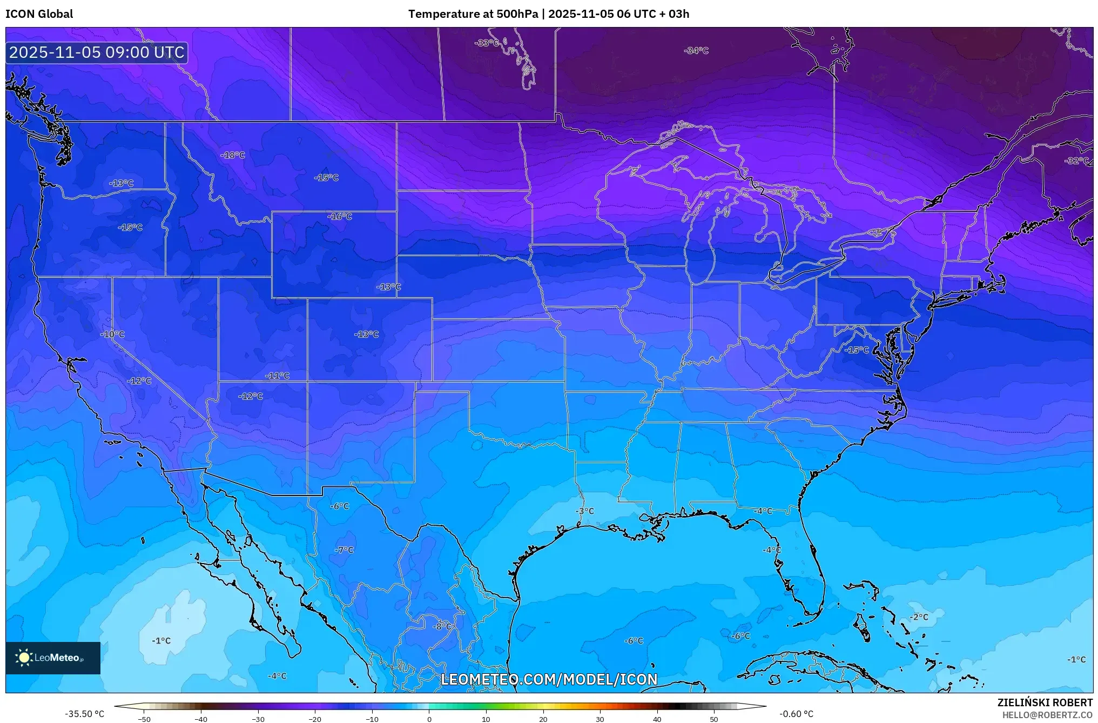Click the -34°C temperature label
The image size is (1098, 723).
pyautogui.click(x=696, y=51)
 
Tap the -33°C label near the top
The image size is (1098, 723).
pyautogui.click(x=486, y=43)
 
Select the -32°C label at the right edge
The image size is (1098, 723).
pyautogui.click(x=1076, y=161)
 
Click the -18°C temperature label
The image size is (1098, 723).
pyautogui.click(x=233, y=155)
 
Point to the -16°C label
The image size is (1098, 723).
pyautogui.click(x=340, y=217)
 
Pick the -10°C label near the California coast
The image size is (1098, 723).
pyautogui.click(x=112, y=334)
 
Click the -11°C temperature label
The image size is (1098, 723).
pyautogui.click(x=278, y=376)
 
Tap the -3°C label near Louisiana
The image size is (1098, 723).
pyautogui.click(x=584, y=511)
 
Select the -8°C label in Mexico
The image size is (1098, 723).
pyautogui.click(x=442, y=626)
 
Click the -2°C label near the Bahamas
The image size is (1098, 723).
pyautogui.click(x=919, y=617)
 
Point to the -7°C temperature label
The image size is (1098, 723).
pyautogui.click(x=344, y=550)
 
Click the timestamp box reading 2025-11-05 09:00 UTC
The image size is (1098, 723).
pyautogui.click(x=97, y=52)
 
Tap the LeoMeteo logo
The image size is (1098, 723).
pyautogui.click(x=52, y=658)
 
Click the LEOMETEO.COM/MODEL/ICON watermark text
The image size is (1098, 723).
pyautogui.click(x=549, y=679)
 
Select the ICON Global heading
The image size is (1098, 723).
pyautogui.click(x=39, y=14)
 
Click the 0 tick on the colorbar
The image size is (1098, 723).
pyautogui.click(x=429, y=719)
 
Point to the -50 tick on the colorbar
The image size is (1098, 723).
pyautogui.click(x=144, y=719)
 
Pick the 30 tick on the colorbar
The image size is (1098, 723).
pyautogui.click(x=600, y=719)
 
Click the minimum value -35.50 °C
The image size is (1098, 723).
pyautogui.click(x=85, y=714)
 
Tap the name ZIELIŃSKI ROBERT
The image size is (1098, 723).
pyautogui.click(x=1045, y=702)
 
